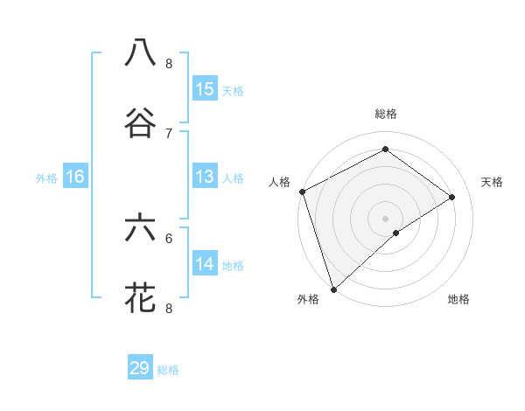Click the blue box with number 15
[x=205, y=89]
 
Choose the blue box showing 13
[x=205, y=177]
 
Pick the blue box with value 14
[x=205, y=264]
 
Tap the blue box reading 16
[x=75, y=177]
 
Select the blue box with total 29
[x=140, y=368]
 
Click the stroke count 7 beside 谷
[x=169, y=133]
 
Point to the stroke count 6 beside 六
[x=169, y=238]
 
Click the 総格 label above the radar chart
[x=386, y=114]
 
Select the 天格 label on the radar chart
[x=493, y=182]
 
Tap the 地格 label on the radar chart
[x=458, y=299]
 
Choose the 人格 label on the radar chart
[x=279, y=182]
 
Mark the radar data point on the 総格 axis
[x=385, y=150]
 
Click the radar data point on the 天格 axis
[x=452, y=197]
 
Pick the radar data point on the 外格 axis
[x=333, y=289]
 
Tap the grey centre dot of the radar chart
[x=385, y=218]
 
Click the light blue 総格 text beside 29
[x=169, y=370]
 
